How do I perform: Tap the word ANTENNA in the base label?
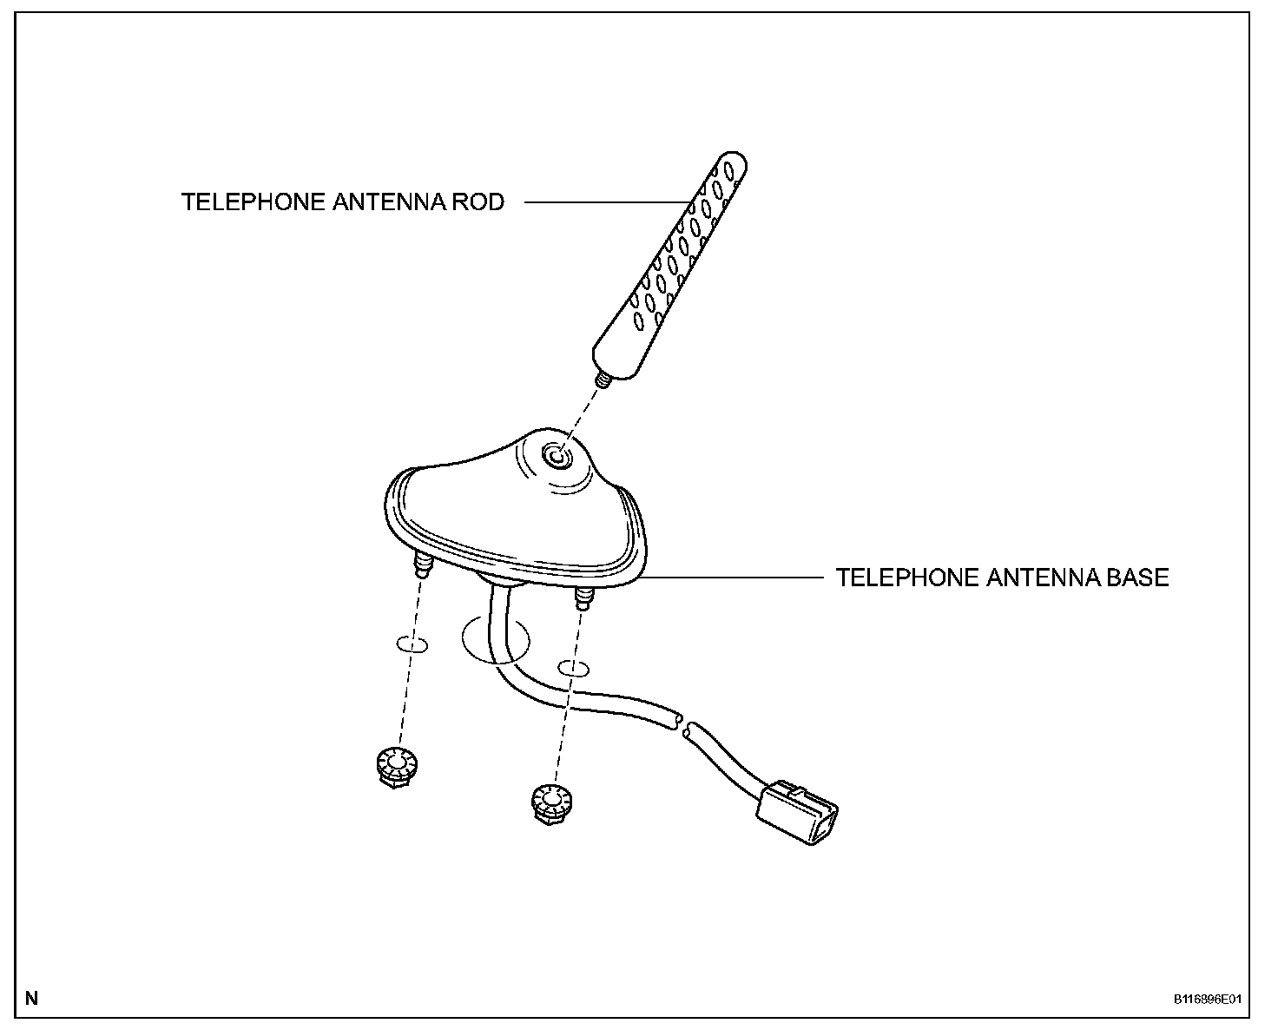click(x=1031, y=578)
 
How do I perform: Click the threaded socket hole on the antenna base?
click(x=554, y=454)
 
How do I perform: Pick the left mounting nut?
click(x=396, y=766)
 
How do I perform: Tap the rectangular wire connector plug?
click(x=800, y=812)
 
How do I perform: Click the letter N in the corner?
click(x=32, y=998)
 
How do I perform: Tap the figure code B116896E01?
click(x=1207, y=1000)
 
